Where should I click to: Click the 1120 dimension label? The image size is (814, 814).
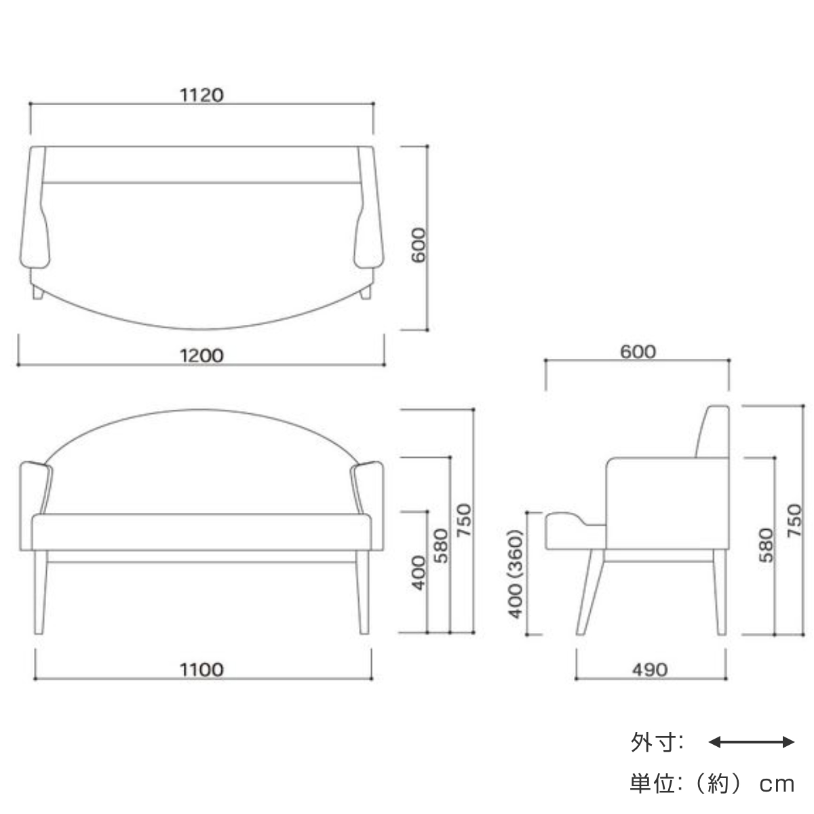[201, 95]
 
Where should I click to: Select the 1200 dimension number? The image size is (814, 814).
[201, 355]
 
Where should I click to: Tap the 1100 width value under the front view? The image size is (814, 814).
[201, 670]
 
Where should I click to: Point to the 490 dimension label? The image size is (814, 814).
[650, 670]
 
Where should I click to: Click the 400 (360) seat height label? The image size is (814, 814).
[516, 574]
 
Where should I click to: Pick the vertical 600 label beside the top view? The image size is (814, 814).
[419, 245]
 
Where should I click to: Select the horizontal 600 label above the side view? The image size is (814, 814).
[638, 351]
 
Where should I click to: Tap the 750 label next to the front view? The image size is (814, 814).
[464, 520]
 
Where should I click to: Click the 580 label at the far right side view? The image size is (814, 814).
[767, 545]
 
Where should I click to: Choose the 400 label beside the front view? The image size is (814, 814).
[419, 573]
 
